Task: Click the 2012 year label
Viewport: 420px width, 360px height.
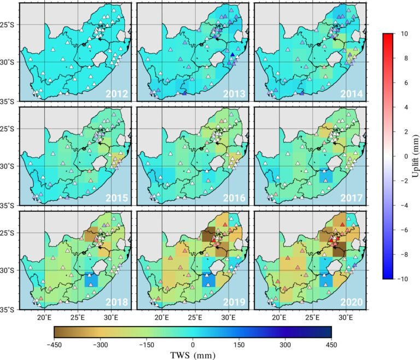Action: tap(117, 94)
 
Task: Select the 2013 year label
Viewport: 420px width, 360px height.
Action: tap(235, 94)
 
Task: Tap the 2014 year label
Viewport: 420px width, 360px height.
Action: tap(352, 94)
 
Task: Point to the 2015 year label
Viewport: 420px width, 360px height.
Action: tap(117, 198)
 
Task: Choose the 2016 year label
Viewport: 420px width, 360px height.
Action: tap(235, 198)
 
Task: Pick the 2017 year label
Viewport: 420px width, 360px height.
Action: tap(352, 198)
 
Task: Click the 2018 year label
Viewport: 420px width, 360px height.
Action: tap(117, 301)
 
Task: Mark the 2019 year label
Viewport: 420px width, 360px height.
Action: tap(235, 301)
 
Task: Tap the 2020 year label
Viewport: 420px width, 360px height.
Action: tap(352, 301)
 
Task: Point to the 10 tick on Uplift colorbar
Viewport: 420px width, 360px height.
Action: tap(403, 34)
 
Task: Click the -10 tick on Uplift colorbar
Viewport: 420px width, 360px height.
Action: tap(402, 279)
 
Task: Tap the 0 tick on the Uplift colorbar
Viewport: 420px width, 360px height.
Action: tap(405, 156)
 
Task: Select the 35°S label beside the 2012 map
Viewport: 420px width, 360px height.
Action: tap(9, 101)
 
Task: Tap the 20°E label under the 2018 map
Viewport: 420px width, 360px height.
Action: tap(44, 317)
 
